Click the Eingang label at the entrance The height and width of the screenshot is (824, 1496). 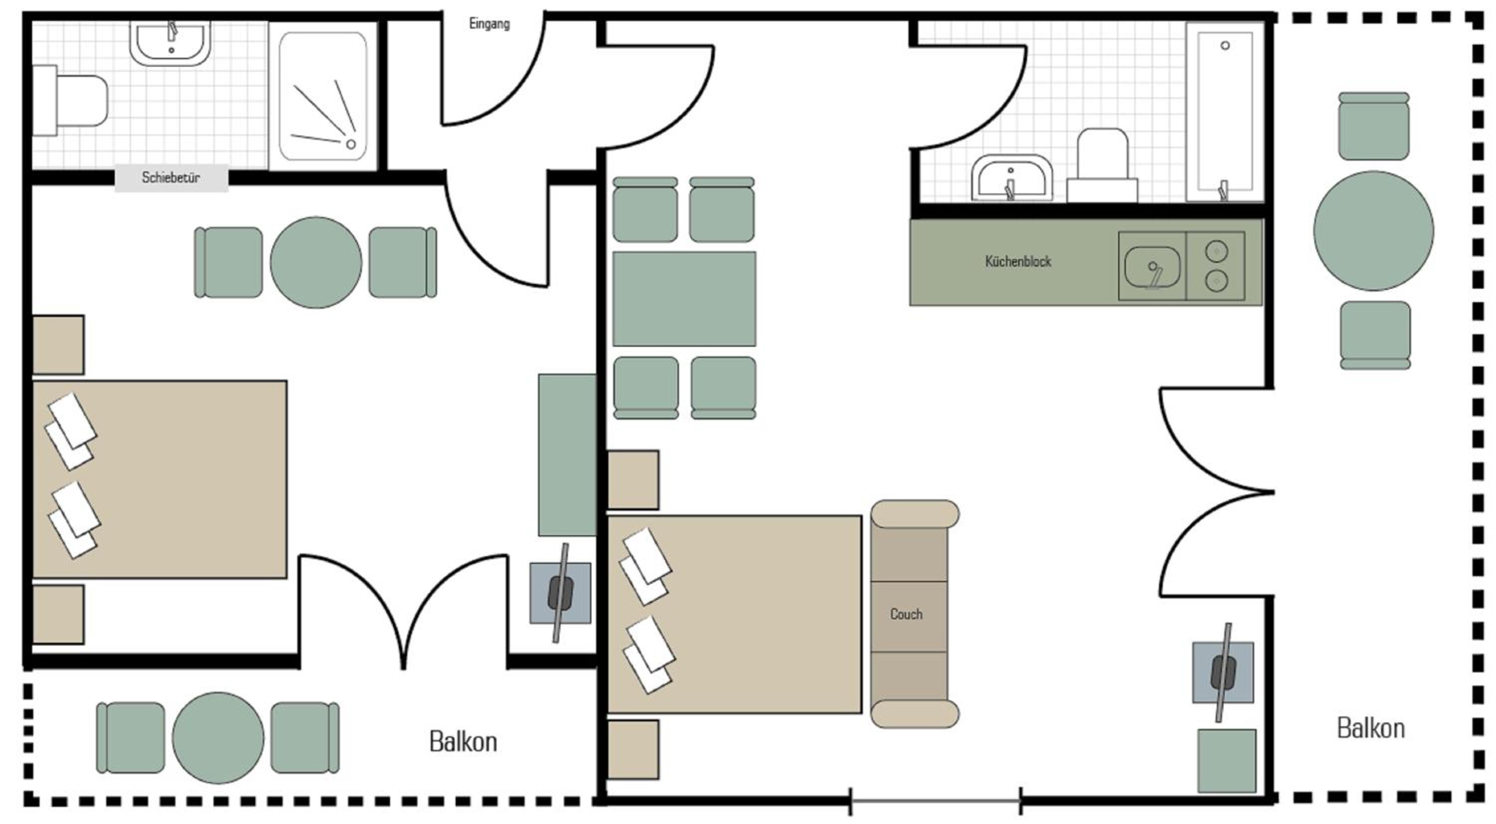pyautogui.click(x=490, y=24)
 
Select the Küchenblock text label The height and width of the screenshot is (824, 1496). pyautogui.click(x=1018, y=261)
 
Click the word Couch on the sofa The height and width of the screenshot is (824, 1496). pyautogui.click(x=906, y=614)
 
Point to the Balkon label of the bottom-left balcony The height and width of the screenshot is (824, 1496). pyautogui.click(x=463, y=742)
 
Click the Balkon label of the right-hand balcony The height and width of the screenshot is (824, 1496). pyautogui.click(x=1370, y=728)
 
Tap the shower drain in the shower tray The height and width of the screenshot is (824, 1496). pyautogui.click(x=351, y=144)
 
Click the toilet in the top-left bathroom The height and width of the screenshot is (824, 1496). pyautogui.click(x=70, y=101)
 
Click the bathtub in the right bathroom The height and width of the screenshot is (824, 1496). pyautogui.click(x=1225, y=112)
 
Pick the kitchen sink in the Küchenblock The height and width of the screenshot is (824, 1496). pyautogui.click(x=1152, y=267)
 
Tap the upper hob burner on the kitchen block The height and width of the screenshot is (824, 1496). pyautogui.click(x=1216, y=251)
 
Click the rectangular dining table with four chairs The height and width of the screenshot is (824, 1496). pyautogui.click(x=684, y=299)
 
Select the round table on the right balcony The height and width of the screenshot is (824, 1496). pyautogui.click(x=1373, y=230)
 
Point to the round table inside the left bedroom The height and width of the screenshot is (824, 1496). pyautogui.click(x=316, y=262)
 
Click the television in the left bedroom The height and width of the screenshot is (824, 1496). pyautogui.click(x=561, y=593)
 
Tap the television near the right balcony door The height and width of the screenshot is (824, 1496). pyautogui.click(x=1223, y=673)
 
